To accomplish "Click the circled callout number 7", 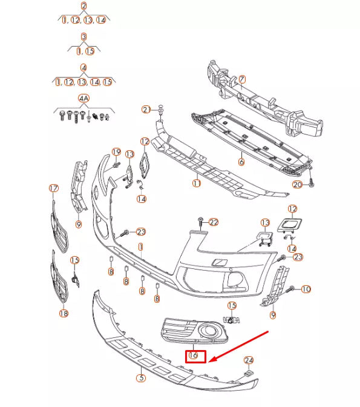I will (242, 79).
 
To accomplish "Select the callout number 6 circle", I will (241, 162).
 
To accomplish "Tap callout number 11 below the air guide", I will (197, 182).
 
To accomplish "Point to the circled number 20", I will (297, 185).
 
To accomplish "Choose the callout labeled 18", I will (64, 313).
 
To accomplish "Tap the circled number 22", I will (213, 222).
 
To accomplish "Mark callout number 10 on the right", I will (306, 290).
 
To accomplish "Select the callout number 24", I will (248, 361).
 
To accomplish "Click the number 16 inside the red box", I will (195, 356).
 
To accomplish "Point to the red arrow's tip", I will (209, 362).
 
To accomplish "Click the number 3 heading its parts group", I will (83, 37).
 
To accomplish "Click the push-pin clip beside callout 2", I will (161, 108).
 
